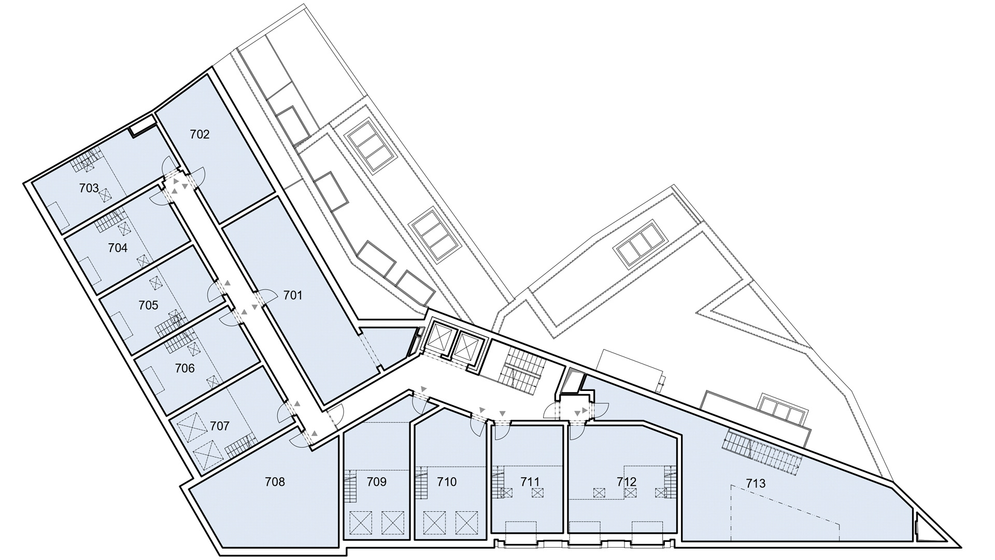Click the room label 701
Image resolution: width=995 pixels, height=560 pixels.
293,296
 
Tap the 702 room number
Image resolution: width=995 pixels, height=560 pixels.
200,135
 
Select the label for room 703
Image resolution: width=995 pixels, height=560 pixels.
89,188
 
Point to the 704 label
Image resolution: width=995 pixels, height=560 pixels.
118,248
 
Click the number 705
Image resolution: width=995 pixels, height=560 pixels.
148,305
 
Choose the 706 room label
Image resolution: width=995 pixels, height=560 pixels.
184,368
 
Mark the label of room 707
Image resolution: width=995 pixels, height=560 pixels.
220,426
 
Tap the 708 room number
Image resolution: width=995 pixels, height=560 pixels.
275,482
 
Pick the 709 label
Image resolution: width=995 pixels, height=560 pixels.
377,482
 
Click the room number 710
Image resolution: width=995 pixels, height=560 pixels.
447,482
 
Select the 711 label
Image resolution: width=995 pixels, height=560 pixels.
530,482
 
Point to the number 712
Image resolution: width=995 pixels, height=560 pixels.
627,482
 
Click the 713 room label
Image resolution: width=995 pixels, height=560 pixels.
756,484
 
